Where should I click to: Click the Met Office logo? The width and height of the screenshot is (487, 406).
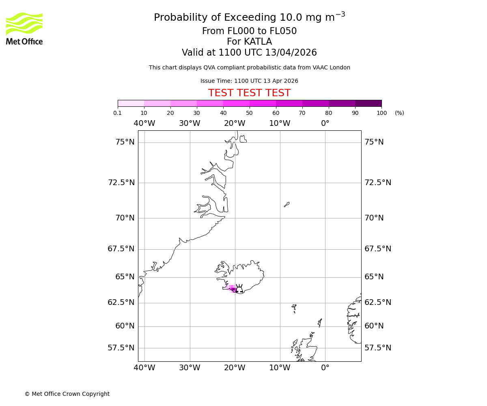click(x=24, y=28)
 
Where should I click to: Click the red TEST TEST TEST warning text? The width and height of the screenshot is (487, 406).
click(x=249, y=93)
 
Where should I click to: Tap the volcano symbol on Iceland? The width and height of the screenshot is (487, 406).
click(x=239, y=289)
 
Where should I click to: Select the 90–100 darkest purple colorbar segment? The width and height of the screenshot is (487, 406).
click(x=368, y=103)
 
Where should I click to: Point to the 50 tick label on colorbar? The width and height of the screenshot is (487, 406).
click(x=249, y=113)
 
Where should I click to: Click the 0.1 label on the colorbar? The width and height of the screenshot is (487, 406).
click(x=117, y=113)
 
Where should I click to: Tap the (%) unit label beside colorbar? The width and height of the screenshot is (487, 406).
click(x=399, y=113)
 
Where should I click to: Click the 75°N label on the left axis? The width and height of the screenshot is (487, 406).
click(x=125, y=142)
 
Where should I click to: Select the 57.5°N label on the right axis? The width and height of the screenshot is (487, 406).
click(x=377, y=348)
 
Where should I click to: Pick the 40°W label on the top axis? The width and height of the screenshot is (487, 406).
click(x=144, y=123)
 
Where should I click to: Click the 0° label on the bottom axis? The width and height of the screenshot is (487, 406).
click(x=325, y=368)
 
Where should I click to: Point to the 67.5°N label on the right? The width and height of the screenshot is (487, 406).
click(x=377, y=249)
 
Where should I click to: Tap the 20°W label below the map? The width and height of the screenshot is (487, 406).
click(x=235, y=368)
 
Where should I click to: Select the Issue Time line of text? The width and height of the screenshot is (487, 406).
click(x=249, y=81)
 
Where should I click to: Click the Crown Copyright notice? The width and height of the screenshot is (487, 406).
click(x=67, y=394)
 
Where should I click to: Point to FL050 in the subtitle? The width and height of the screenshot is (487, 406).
click(x=283, y=31)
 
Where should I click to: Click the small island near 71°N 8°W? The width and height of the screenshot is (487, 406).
click(x=287, y=204)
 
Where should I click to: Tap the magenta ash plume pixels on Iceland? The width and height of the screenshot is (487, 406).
click(x=232, y=289)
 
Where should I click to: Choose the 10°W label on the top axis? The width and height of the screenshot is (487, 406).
click(x=280, y=123)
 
